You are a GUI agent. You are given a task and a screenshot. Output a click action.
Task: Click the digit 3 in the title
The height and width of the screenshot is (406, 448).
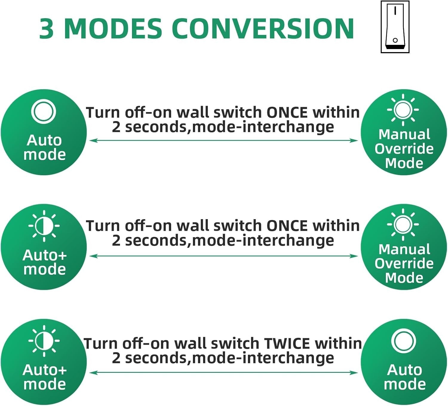tap(47, 29)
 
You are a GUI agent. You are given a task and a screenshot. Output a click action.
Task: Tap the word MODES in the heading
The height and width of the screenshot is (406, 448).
tap(113, 29)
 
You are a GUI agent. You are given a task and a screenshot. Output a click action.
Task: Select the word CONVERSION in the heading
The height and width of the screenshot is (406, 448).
tap(263, 29)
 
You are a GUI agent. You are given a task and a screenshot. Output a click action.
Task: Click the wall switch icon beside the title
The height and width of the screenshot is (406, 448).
tap(395, 27)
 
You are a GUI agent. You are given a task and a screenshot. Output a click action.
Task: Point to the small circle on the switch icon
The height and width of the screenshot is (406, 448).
tap(395, 40)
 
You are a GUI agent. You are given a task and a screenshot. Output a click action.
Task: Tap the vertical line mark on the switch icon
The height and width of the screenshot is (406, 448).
tap(395, 11)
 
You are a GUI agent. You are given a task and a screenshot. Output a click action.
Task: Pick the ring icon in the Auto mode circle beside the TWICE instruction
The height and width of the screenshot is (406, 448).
tap(403, 341)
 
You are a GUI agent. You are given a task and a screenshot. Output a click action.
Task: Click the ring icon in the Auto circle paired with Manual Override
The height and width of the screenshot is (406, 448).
tap(44, 111)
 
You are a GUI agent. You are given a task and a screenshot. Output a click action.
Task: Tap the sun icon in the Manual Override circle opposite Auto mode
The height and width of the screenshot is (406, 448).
tap(403, 109)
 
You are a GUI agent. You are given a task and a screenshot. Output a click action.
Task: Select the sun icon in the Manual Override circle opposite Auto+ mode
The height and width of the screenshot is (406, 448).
tap(403, 224)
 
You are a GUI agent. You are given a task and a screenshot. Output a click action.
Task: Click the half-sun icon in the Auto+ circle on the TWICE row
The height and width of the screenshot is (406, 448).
tap(44, 341)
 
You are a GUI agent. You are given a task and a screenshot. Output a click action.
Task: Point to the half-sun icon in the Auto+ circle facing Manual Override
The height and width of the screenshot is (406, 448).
tap(44, 226)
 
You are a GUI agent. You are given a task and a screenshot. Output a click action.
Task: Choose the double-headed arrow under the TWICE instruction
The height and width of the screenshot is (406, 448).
tap(223, 373)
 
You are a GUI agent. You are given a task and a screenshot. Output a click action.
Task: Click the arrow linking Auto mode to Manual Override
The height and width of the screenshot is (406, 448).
tap(223, 140)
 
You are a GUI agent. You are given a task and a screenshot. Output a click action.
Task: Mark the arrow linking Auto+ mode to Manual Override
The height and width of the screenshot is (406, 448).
tap(223, 256)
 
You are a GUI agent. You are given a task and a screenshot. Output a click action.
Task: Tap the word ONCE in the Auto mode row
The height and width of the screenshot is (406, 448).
tap(287, 113)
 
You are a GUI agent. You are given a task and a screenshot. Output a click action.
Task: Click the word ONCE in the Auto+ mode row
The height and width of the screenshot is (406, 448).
tap(287, 226)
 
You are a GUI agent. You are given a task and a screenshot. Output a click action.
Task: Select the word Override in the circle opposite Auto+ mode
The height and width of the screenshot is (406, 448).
tap(404, 263)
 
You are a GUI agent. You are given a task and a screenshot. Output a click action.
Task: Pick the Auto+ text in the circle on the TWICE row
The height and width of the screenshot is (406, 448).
tap(45, 370)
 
